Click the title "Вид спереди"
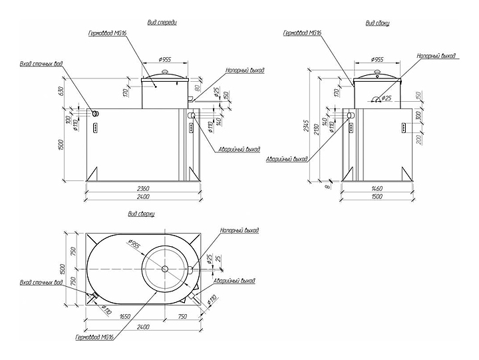[163, 22]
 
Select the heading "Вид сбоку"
[377, 23]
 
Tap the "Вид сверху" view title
[142, 214]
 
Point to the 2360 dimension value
[140, 188]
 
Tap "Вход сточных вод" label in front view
[41, 65]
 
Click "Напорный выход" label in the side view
[436, 57]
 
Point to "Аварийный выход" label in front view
[239, 149]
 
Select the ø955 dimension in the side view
[377, 59]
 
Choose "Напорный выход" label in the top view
[239, 230]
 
